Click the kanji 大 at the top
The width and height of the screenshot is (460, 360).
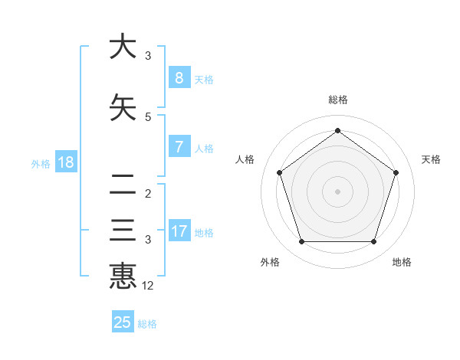[x=123, y=47]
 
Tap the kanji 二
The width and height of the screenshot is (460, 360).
[x=123, y=183]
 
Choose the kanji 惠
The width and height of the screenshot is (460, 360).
[x=123, y=276]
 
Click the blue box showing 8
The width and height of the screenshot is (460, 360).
[x=179, y=78]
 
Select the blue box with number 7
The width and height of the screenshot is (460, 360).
[x=179, y=147]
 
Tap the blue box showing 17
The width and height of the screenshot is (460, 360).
[x=179, y=231]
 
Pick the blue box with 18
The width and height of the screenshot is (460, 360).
[x=65, y=162]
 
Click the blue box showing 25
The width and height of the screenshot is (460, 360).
[x=123, y=322]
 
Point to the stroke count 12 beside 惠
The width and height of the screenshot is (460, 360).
[x=148, y=286]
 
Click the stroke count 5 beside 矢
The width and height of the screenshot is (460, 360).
[x=148, y=116]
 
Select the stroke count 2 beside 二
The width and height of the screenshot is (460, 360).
[x=148, y=193]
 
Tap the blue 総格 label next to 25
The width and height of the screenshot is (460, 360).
[x=147, y=324]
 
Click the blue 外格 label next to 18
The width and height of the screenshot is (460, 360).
[x=41, y=163]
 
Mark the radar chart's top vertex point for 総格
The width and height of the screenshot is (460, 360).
[x=337, y=131]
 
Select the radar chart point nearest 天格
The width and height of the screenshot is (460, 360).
[x=396, y=172]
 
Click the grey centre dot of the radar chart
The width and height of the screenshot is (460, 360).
[x=337, y=191]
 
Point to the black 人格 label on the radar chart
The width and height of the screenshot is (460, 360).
[x=245, y=159]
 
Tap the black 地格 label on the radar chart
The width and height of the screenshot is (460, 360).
[x=402, y=262]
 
